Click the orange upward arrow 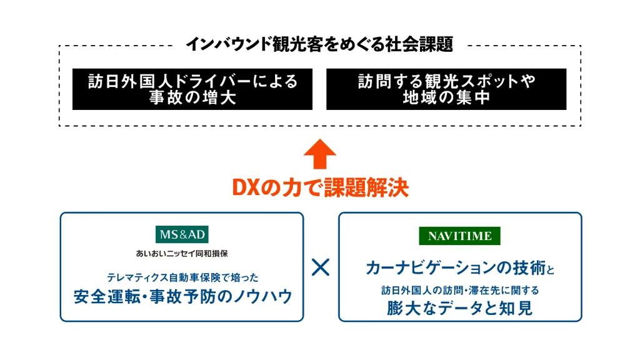(320, 154)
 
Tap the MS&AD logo (182, 234)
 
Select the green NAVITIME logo (459, 236)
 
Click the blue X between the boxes (321, 267)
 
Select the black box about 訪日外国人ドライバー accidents (192, 89)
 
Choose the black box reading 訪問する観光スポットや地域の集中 (446, 89)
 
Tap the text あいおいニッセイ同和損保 (182, 254)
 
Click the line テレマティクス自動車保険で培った (182, 277)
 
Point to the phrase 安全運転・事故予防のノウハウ (183, 296)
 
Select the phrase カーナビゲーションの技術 (456, 267)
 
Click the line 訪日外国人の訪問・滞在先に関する (460, 290)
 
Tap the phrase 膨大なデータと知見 (459, 308)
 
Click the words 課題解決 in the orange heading (366, 188)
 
